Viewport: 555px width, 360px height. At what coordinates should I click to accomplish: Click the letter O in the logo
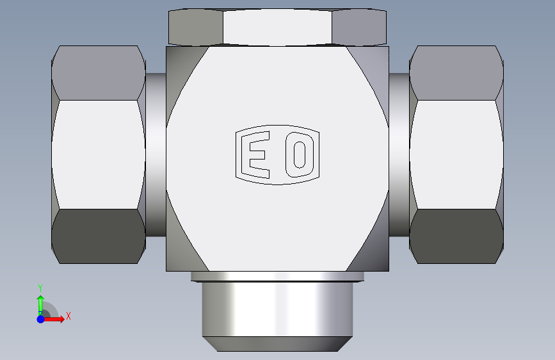300,154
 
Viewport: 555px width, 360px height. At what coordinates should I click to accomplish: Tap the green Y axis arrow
40,305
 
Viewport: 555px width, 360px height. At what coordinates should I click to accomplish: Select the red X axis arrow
53,319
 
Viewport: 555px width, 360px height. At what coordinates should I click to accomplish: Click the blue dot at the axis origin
41,319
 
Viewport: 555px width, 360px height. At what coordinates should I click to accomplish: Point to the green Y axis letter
40,288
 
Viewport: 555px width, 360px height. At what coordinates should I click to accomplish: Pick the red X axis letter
68,316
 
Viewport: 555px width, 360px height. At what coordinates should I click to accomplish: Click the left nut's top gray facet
99,72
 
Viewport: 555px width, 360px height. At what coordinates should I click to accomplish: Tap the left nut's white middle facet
99,154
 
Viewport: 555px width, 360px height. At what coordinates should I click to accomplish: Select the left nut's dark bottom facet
99,236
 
